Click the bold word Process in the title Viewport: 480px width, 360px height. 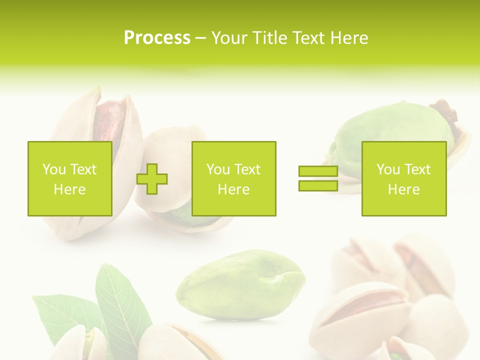pos(157,38)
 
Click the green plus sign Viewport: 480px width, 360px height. pos(152,179)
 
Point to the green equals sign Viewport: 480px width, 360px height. pos(318,178)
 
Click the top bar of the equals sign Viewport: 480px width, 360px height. pos(318,171)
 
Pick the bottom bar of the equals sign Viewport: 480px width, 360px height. pos(318,186)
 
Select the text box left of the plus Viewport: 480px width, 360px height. pos(69,178)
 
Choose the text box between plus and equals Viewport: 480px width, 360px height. pos(233,178)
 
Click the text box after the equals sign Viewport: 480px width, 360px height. pos(403,178)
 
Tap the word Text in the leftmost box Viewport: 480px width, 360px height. pos(83,169)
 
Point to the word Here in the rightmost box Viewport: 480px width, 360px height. pos(403,189)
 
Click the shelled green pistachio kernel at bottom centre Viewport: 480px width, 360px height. pos(240,285)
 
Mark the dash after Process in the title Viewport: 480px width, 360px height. pos(201,38)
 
